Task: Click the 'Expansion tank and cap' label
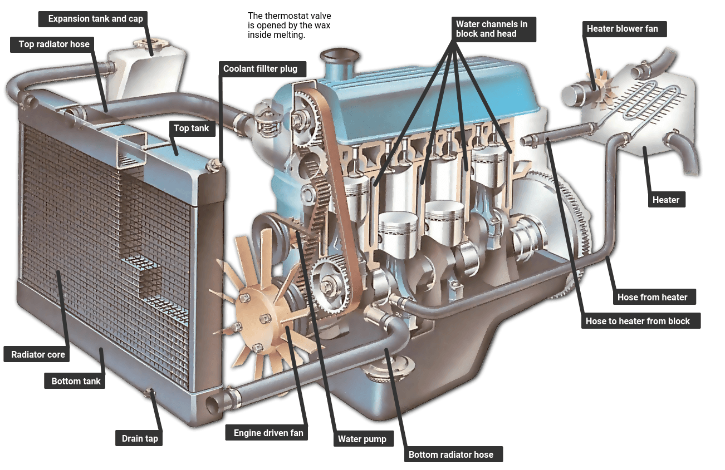(x=95, y=19)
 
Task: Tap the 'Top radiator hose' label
(x=54, y=44)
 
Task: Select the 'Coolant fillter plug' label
(x=260, y=69)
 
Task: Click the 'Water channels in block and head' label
(x=492, y=29)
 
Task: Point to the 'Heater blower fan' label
(x=622, y=28)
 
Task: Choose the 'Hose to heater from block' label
(x=638, y=321)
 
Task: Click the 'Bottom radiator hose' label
(x=450, y=454)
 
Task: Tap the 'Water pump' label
(x=362, y=439)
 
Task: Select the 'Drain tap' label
(x=140, y=438)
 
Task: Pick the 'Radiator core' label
(x=38, y=354)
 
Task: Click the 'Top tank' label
(x=191, y=128)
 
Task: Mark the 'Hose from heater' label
(x=652, y=297)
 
